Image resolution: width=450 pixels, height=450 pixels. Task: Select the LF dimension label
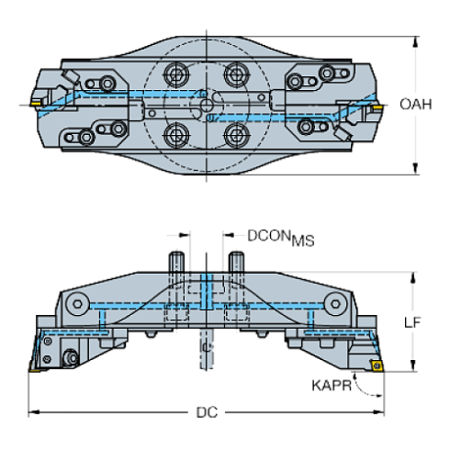coord(414,322)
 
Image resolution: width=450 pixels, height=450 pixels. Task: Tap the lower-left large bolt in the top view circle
coord(176,134)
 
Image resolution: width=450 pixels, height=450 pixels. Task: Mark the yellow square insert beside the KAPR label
coord(376,366)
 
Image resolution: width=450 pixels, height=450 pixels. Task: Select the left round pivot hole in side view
coord(80,302)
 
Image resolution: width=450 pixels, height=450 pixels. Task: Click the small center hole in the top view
coord(207,117)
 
